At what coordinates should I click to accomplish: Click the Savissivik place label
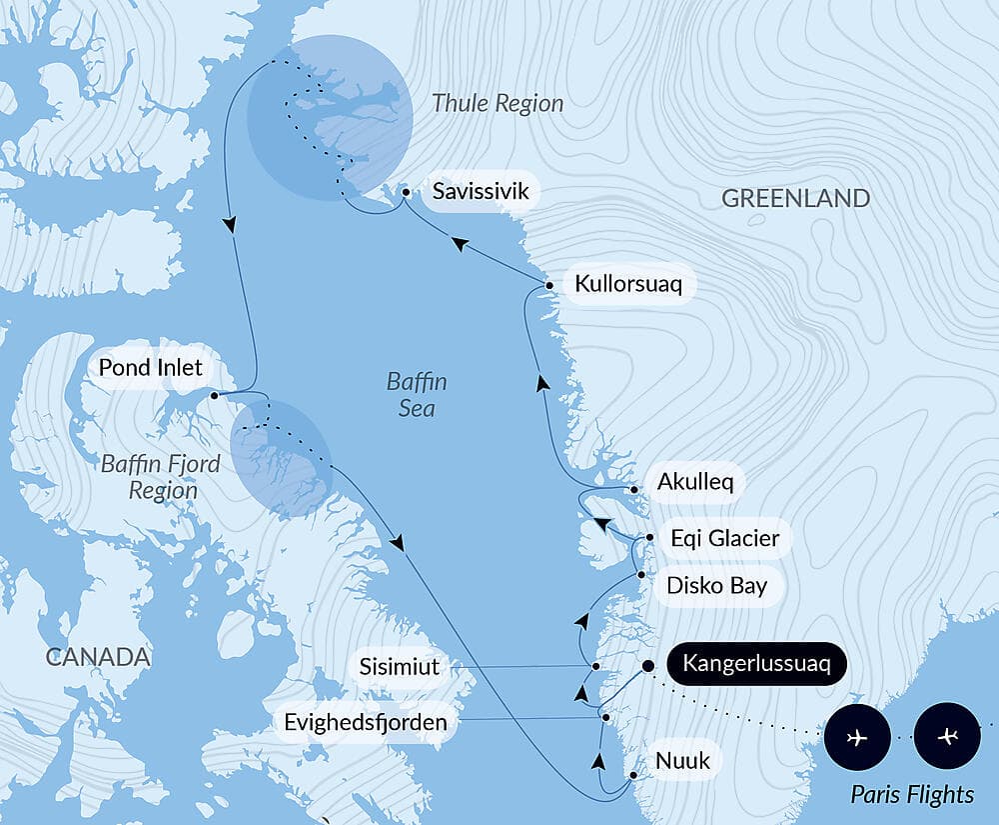point(481,191)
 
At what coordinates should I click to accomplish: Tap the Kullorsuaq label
point(627,284)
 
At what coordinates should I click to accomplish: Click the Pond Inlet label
point(150,368)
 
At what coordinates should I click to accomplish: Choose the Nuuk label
point(682,761)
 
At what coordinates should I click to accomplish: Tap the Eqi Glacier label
point(724,539)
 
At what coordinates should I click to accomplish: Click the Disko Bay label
point(717,585)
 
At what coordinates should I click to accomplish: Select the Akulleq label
point(694,483)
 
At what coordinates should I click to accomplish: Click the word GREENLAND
point(795,198)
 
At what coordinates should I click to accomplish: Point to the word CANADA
point(97,657)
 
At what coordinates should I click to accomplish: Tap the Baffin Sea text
point(417,395)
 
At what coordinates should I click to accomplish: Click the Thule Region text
point(498,103)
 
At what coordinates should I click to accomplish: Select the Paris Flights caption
point(911,795)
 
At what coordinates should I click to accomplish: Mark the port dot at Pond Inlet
point(214,396)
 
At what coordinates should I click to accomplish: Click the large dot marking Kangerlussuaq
point(647,665)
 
